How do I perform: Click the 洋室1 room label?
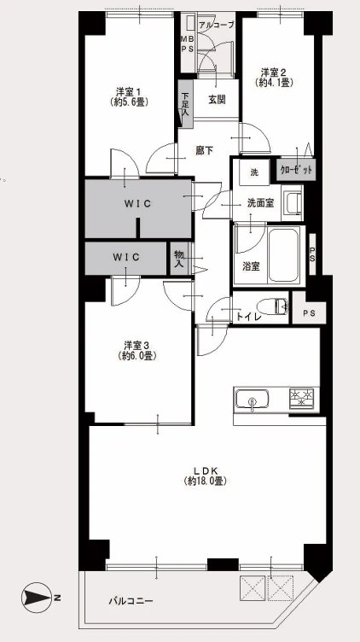129,90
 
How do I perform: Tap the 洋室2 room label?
274,73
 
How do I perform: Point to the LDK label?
205,470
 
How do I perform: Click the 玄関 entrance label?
217,100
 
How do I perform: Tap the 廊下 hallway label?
204,150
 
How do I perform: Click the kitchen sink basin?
252,398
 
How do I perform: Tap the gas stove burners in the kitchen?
302,398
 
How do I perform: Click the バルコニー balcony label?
131,601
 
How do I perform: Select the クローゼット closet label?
297,170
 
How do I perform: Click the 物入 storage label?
178,259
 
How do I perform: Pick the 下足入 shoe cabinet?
185,103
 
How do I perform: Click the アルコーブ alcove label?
217,25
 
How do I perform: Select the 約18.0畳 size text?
206,481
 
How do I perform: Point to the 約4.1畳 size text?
274,82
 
